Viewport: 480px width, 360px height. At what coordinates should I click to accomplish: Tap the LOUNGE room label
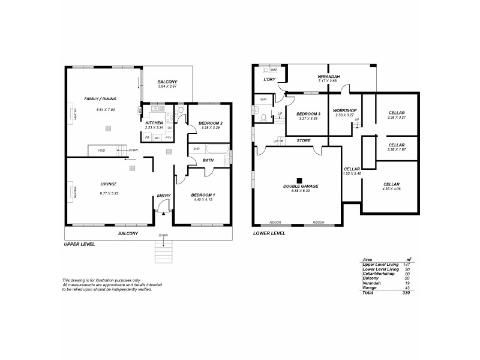(x=109, y=184)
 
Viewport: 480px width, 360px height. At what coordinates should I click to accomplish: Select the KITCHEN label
(x=154, y=122)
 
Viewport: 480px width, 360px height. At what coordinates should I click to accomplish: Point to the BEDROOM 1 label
(x=203, y=196)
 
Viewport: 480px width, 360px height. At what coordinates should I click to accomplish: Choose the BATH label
(x=208, y=160)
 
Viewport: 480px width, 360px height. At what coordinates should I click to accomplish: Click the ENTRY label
(x=163, y=196)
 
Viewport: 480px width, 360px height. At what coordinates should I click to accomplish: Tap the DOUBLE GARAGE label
(x=301, y=186)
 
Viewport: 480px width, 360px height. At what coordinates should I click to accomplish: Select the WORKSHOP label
(x=344, y=110)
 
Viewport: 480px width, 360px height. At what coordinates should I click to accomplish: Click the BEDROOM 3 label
(x=307, y=113)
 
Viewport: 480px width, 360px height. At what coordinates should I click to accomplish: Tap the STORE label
(x=303, y=140)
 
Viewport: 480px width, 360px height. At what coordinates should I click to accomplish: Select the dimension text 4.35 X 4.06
(x=391, y=190)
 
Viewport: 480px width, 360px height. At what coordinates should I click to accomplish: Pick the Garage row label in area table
(x=370, y=287)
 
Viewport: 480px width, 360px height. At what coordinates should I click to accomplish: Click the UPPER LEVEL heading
(x=79, y=245)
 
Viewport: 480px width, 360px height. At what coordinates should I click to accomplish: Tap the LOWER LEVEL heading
(x=269, y=233)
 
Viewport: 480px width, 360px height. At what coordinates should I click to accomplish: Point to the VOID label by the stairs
(x=94, y=150)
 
